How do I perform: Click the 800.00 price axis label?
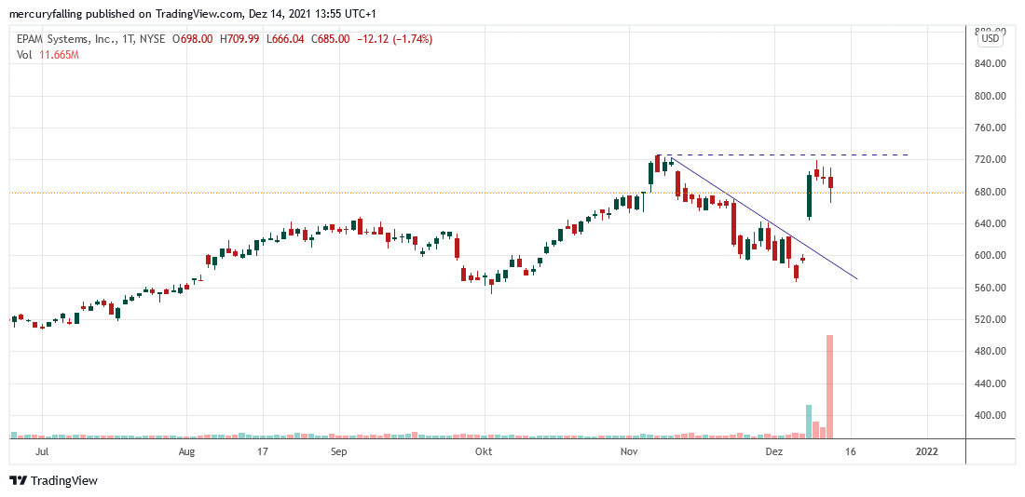(x=989, y=96)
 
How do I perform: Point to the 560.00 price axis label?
(x=989, y=288)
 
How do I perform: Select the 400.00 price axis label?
(x=989, y=415)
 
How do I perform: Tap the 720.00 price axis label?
(x=989, y=160)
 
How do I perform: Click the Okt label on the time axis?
(x=483, y=451)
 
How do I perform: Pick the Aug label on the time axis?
(x=186, y=451)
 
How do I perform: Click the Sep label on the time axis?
(x=338, y=451)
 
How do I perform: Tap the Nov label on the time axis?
(x=629, y=451)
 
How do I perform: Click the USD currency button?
(x=990, y=38)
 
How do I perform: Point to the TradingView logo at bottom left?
(x=53, y=480)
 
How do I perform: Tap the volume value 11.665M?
(x=59, y=55)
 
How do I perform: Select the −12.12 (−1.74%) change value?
(x=395, y=39)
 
